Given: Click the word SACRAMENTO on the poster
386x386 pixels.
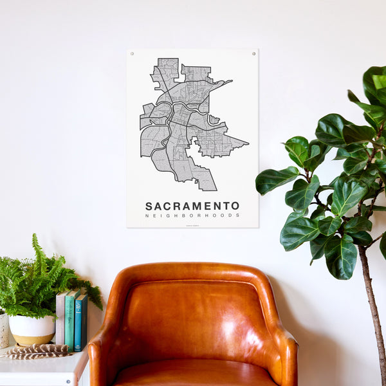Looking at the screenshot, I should pos(192,206).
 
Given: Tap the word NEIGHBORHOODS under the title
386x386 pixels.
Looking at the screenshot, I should pos(192,216).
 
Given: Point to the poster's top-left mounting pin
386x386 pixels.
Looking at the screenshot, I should pos(133,54).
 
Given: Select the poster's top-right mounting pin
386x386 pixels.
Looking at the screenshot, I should pos(253,53).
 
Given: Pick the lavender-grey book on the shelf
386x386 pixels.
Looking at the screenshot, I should pos(60,318).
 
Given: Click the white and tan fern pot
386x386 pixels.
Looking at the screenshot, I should pos(31,329).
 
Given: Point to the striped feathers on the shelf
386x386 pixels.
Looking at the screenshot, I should pos(39,351).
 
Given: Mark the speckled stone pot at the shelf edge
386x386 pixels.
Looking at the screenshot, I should pos(3,329).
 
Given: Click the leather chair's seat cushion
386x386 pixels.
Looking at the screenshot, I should pos(193,373).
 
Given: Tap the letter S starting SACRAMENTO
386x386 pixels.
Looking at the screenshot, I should pos(149,206).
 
